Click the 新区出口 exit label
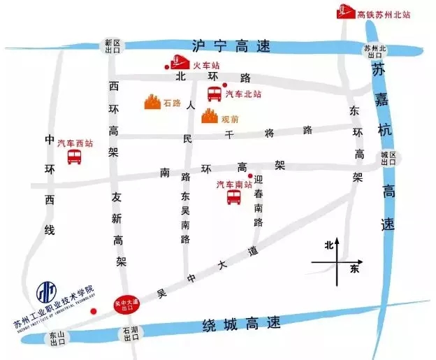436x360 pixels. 113,46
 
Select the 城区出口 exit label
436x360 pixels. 388,158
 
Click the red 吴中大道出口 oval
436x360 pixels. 129,303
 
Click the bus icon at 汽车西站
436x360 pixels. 74,157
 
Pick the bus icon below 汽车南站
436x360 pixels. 233,197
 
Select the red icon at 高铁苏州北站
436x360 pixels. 344,13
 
